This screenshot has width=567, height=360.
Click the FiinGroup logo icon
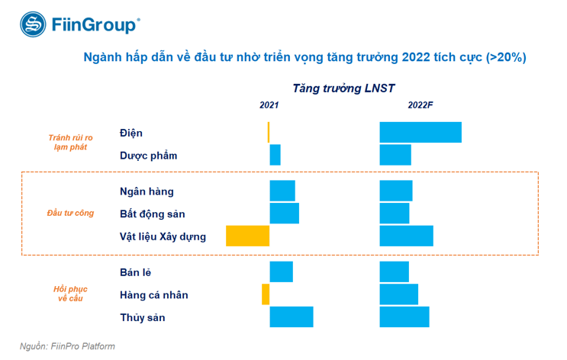pyautogui.click(x=33, y=24)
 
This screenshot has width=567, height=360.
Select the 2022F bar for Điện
pyautogui.click(x=420, y=132)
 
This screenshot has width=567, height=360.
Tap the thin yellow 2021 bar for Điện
pyautogui.click(x=269, y=132)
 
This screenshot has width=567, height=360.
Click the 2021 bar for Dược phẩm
pyautogui.click(x=275, y=155)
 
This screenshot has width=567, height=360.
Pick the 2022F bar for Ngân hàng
pyautogui.click(x=396, y=191)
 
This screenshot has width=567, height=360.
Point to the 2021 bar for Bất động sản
pyautogui.click(x=285, y=214)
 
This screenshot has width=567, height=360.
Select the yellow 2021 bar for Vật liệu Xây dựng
pyautogui.click(x=248, y=236)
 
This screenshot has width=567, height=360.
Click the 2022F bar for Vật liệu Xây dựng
pyautogui.click(x=406, y=236)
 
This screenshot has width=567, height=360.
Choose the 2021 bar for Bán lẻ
pyautogui.click(x=282, y=272)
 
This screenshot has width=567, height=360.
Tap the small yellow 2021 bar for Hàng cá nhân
pyautogui.click(x=266, y=294)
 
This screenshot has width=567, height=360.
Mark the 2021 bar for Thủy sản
pyautogui.click(x=292, y=317)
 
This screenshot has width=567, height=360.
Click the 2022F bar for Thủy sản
pyautogui.click(x=404, y=317)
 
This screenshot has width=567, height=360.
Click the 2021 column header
pyautogui.click(x=269, y=106)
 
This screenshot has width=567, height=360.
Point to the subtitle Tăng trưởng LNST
pyautogui.click(x=343, y=88)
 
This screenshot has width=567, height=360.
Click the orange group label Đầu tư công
pyautogui.click(x=70, y=213)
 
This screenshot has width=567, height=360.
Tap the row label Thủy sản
pyautogui.click(x=143, y=317)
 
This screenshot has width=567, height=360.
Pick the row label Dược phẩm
pyautogui.click(x=148, y=156)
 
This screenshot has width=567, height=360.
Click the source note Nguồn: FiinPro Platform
pyautogui.click(x=67, y=346)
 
